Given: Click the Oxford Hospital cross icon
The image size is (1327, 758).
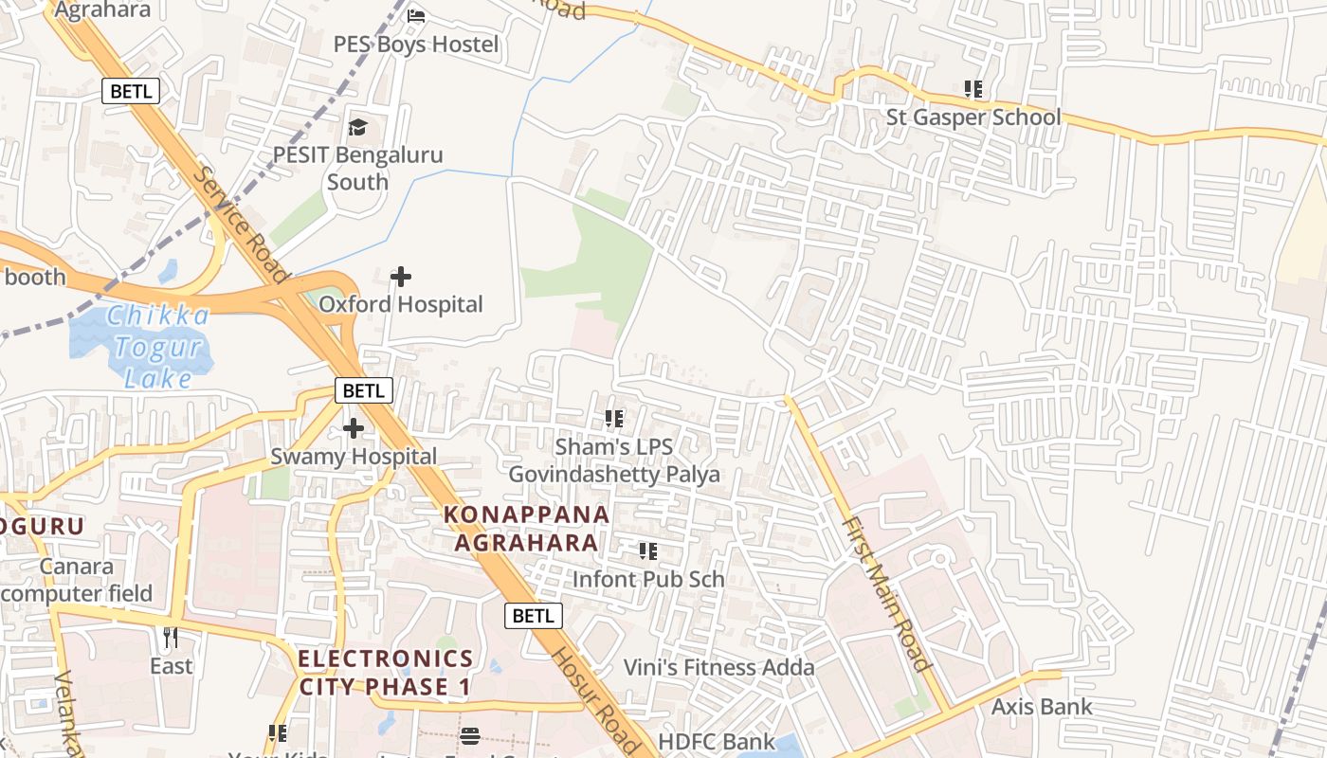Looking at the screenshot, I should coord(401,277).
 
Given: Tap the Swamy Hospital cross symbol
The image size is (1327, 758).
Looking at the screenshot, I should coord(354,428).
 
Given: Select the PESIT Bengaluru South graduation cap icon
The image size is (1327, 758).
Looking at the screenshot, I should coord(358,127).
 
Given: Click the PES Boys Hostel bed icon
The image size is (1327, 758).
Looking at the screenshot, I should coord(416,16).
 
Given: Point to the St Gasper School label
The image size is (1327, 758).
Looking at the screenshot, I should coord(973,117).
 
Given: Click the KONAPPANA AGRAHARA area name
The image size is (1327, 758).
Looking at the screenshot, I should coord(527,529).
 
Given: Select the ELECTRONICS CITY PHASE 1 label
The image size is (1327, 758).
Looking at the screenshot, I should coord(385,672).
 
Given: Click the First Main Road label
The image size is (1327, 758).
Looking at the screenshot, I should coord(885,594).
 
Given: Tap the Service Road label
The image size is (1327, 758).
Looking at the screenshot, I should coord(240,225).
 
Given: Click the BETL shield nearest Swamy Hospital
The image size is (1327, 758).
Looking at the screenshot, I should coord(363,390).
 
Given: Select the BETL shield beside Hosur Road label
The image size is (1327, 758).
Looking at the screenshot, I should coord(533,616).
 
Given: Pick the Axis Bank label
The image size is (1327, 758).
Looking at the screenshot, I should coord(1042,707).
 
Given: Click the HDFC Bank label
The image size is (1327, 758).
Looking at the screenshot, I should coord(717,741).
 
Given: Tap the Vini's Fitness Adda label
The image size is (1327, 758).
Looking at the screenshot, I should coord(718,667).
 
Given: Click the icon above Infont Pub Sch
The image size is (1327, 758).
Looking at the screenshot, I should coord(648,550).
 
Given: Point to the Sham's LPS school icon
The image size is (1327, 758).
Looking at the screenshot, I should coord(614,418).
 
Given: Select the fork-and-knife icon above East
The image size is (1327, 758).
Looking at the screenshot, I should coord(171,638).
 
